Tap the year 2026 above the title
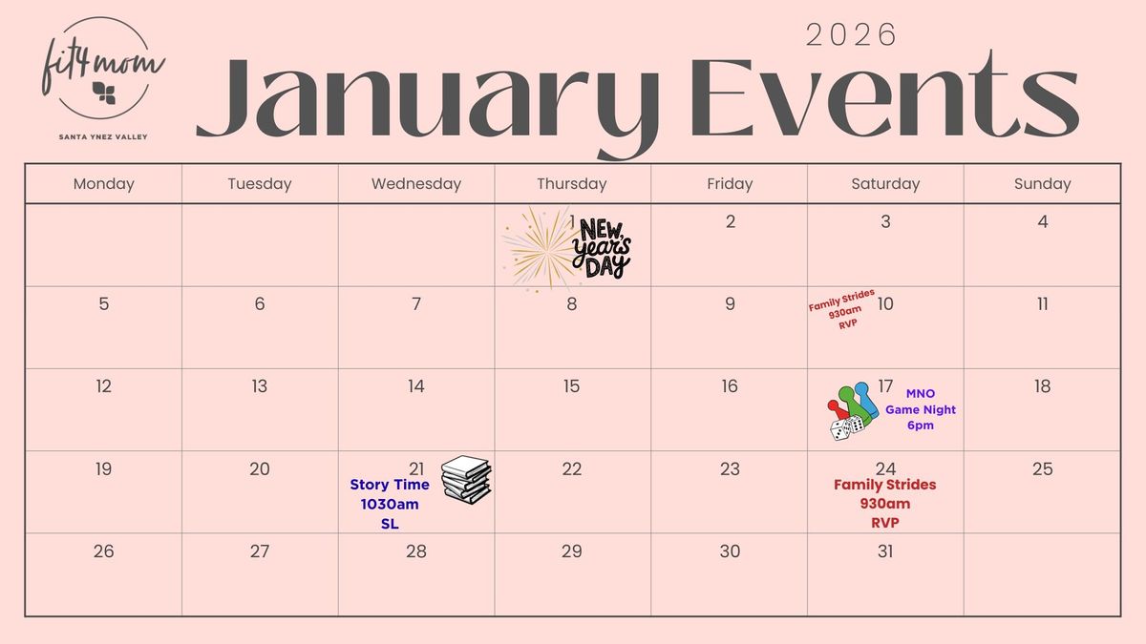pos(852,35)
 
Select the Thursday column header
pos(571,184)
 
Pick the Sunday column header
pos(1042,184)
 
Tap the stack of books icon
pos(466,478)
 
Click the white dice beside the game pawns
pos(847,426)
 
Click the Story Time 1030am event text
pos(390,504)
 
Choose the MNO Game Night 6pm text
pos(920,409)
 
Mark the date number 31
pos(885,551)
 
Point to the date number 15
pos(571,386)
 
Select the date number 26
pos(103,551)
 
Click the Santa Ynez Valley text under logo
pos(103,136)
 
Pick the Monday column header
pos(103,184)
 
